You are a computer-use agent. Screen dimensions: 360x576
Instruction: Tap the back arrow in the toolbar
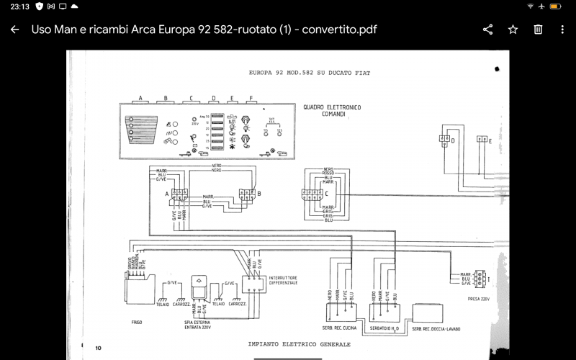(x=14, y=30)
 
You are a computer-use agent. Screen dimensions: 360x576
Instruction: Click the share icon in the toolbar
(x=487, y=30)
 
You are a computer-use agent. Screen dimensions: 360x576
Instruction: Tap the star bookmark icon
(x=513, y=30)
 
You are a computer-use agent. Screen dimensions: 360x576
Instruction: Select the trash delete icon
(x=538, y=30)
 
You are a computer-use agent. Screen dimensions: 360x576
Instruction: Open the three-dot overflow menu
(x=562, y=30)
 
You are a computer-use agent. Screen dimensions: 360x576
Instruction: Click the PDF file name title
(x=204, y=30)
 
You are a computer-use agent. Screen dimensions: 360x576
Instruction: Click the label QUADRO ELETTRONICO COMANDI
(x=333, y=110)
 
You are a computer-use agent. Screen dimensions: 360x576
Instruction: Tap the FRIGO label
(x=137, y=322)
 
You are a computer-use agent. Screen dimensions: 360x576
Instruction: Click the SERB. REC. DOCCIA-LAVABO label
(x=436, y=328)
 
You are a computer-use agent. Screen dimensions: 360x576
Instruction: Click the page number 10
(x=98, y=348)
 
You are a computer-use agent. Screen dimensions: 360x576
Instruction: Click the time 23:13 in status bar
(x=19, y=6)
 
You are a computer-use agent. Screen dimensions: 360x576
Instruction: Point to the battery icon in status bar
(x=555, y=6)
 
